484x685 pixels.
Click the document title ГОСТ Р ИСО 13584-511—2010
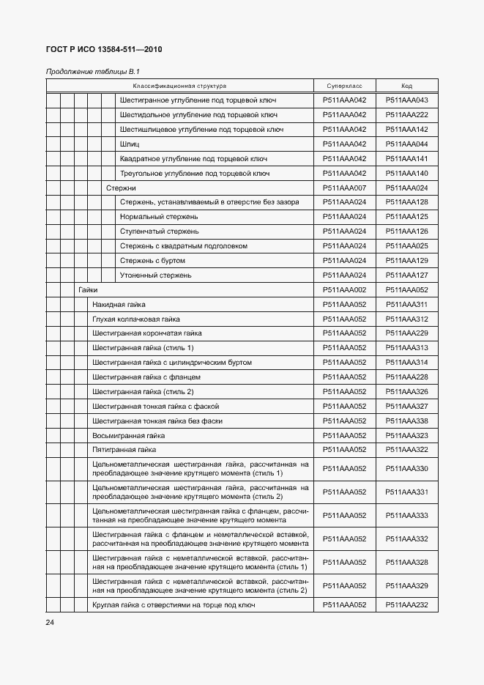click(x=104, y=50)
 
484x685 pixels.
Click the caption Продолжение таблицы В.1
click(x=92, y=72)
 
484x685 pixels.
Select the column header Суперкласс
click(x=344, y=86)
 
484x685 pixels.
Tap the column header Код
click(x=406, y=86)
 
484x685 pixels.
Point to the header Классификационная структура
click(x=179, y=86)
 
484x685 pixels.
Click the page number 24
click(x=50, y=622)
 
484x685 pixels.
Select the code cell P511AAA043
click(x=406, y=100)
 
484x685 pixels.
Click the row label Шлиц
click(x=130, y=144)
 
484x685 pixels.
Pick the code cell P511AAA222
click(x=406, y=115)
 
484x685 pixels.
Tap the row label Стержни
click(x=121, y=188)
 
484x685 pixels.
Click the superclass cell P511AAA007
click(x=344, y=188)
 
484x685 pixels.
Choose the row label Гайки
click(x=88, y=290)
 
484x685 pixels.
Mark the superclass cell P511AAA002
click(x=344, y=290)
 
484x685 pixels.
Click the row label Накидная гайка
click(x=119, y=304)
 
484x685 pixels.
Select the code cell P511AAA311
click(x=406, y=304)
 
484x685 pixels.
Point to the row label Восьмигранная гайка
click(x=123, y=435)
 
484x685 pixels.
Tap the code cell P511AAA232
click(x=406, y=605)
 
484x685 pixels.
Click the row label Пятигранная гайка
click(x=119, y=449)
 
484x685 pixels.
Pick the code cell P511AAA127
click(x=406, y=275)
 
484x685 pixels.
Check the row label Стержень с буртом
click(x=152, y=261)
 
